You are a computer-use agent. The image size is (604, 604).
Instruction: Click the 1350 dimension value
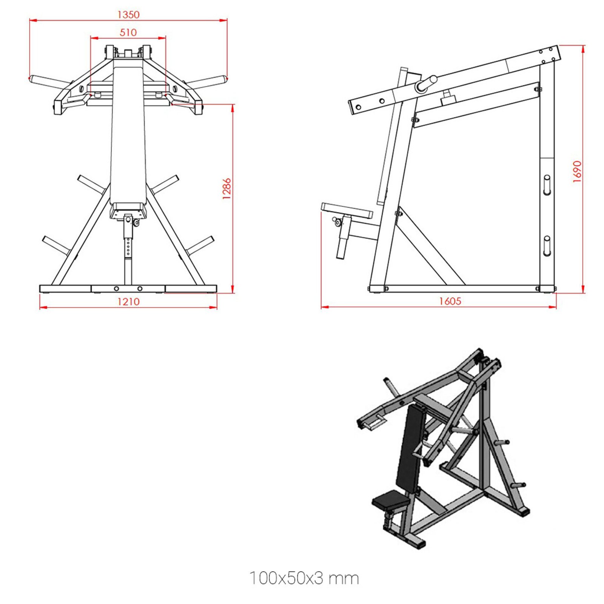click(x=128, y=15)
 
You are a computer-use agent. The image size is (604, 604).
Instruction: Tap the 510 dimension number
click(x=128, y=32)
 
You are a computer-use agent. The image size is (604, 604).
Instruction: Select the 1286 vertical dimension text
click(x=226, y=189)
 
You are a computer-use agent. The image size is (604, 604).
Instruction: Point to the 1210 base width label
click(x=128, y=302)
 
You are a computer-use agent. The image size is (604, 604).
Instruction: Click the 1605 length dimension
click(x=450, y=301)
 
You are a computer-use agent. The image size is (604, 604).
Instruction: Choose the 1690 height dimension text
click(x=577, y=172)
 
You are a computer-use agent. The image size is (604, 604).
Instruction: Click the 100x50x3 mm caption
click(x=304, y=578)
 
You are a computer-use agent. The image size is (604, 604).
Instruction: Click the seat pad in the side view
click(x=347, y=210)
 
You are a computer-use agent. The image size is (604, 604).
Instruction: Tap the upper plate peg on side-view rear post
click(x=547, y=185)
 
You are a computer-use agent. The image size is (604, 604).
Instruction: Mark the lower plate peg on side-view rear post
click(x=547, y=246)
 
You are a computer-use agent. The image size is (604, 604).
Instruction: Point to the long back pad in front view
click(x=128, y=136)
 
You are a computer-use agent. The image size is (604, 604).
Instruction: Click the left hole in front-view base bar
click(x=116, y=289)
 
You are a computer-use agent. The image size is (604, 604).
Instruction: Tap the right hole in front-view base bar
click(x=140, y=289)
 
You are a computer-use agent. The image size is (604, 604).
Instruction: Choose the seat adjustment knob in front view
click(x=136, y=223)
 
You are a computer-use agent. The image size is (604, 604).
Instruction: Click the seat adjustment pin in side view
click(x=337, y=222)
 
